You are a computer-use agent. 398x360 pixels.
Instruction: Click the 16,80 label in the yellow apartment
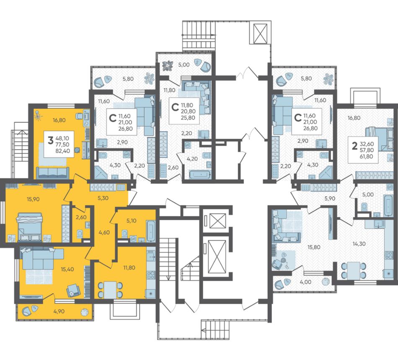(59, 120)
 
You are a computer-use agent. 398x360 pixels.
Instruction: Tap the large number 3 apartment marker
(51, 140)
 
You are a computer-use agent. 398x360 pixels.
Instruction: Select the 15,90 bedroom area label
(33, 199)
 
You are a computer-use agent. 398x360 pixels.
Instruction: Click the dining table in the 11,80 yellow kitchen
(110, 290)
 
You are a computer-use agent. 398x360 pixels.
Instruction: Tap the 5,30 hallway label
(103, 198)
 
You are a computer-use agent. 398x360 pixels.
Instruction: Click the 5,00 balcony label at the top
(184, 65)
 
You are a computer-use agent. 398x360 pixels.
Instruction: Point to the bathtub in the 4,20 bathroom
(200, 175)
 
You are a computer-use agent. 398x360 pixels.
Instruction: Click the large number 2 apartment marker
(354, 145)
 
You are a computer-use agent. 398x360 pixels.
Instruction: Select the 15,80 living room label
(314, 247)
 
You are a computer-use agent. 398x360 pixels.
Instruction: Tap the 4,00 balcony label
(305, 282)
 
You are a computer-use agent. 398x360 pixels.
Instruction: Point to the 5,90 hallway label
(330, 199)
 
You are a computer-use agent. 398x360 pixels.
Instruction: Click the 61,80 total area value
(366, 156)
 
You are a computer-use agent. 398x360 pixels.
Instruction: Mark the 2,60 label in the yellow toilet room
(81, 217)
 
